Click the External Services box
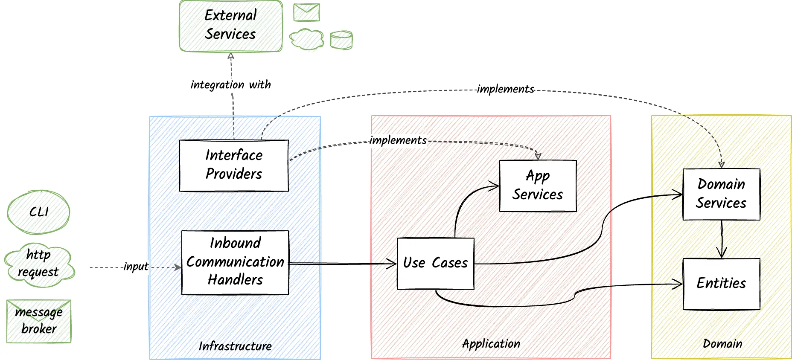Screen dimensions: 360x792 point(230,26)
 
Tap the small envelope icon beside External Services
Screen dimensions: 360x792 point(306,12)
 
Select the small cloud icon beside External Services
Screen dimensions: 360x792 point(306,39)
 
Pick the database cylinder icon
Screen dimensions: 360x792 point(341,40)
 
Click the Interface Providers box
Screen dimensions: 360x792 point(234,165)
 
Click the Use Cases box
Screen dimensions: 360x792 point(435,263)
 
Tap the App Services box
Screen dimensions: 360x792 point(538,186)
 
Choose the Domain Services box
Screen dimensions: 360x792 point(721,194)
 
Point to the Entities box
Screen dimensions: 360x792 point(721,284)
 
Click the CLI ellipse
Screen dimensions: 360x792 point(38,212)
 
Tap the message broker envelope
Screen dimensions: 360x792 point(39,321)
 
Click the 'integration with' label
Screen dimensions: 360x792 point(230,84)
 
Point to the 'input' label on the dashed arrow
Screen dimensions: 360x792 point(136,267)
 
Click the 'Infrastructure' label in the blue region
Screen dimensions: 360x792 point(235,346)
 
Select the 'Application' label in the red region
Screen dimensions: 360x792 point(491,344)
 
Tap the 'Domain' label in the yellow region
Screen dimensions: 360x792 point(722,344)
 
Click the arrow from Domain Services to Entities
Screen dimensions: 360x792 point(722,239)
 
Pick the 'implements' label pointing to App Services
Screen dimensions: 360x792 point(398,140)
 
